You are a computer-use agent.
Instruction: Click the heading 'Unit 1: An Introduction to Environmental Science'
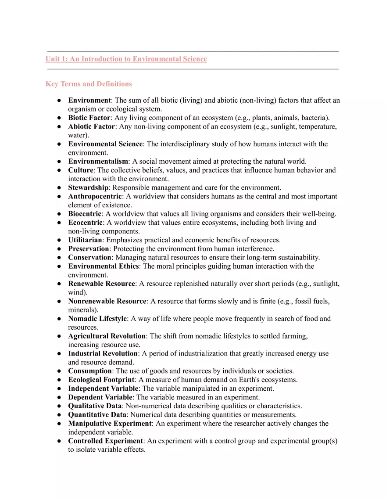click(126, 59)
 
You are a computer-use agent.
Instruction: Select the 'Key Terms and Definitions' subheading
click(89, 84)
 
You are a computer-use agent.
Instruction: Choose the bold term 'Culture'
click(81, 170)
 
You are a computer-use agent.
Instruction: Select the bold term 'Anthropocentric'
click(95, 196)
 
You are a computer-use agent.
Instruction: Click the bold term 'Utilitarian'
click(85, 240)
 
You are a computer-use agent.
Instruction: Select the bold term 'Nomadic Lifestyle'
click(97, 319)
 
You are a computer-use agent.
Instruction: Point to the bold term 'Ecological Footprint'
click(101, 380)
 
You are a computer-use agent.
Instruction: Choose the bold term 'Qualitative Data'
click(95, 406)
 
